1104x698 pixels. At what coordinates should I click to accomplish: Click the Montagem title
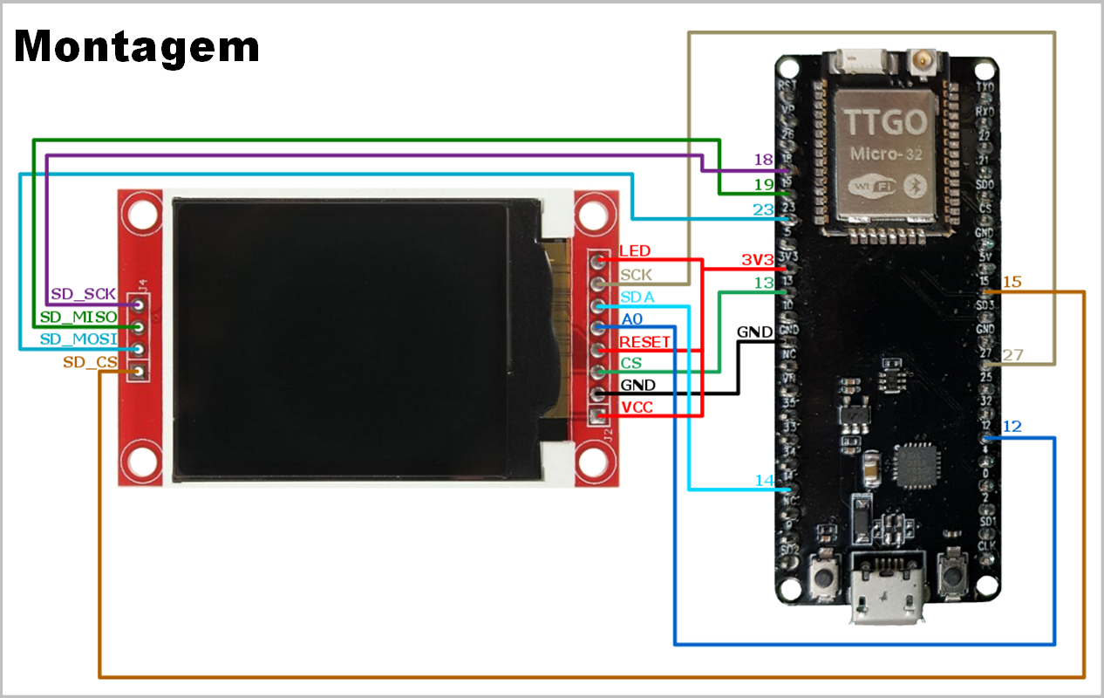[137, 45]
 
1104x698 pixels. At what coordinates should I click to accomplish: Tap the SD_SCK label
[84, 294]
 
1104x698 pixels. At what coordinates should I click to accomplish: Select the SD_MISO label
[78, 317]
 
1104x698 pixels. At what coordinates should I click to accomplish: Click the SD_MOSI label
[78, 339]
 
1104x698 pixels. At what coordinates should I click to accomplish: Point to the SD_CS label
[90, 362]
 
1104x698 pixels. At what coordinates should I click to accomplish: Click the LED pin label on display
[634, 251]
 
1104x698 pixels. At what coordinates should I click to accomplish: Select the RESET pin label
[644, 342]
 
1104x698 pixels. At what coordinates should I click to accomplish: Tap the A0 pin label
[632, 319]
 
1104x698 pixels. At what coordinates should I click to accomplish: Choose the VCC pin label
[637, 408]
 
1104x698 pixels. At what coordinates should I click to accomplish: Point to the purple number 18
[763, 160]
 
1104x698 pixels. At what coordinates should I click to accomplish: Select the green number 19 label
[763, 185]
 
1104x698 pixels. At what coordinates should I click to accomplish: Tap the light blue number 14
[764, 481]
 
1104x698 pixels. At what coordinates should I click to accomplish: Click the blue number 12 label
[1012, 427]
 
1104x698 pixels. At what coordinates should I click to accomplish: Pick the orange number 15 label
[1012, 282]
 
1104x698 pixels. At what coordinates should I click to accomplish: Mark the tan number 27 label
[1012, 355]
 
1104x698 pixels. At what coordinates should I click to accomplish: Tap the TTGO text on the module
[884, 122]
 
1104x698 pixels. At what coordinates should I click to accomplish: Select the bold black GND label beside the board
[754, 332]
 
